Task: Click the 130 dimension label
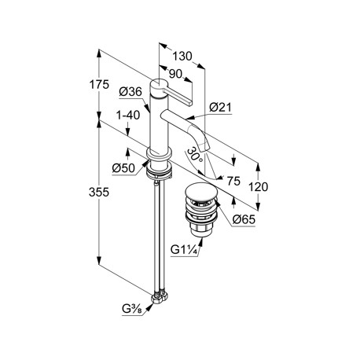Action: click(x=182, y=57)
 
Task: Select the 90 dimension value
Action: click(x=175, y=74)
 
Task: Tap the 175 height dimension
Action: click(x=99, y=85)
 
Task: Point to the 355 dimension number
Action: click(x=99, y=193)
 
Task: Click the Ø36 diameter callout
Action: click(x=130, y=92)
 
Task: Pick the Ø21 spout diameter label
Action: click(x=221, y=108)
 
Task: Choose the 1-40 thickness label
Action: click(x=128, y=116)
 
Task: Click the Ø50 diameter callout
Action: click(x=123, y=168)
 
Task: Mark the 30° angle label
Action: click(x=195, y=155)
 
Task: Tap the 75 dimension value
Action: click(x=233, y=181)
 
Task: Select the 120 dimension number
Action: click(x=258, y=187)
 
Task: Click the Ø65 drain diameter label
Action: click(x=244, y=219)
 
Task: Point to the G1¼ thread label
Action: click(x=184, y=250)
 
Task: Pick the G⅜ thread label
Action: click(x=132, y=309)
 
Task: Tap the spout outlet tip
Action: click(x=204, y=148)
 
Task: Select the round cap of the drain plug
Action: click(x=200, y=193)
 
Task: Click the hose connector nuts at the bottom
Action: click(x=159, y=298)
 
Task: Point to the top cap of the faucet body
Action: click(x=158, y=88)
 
